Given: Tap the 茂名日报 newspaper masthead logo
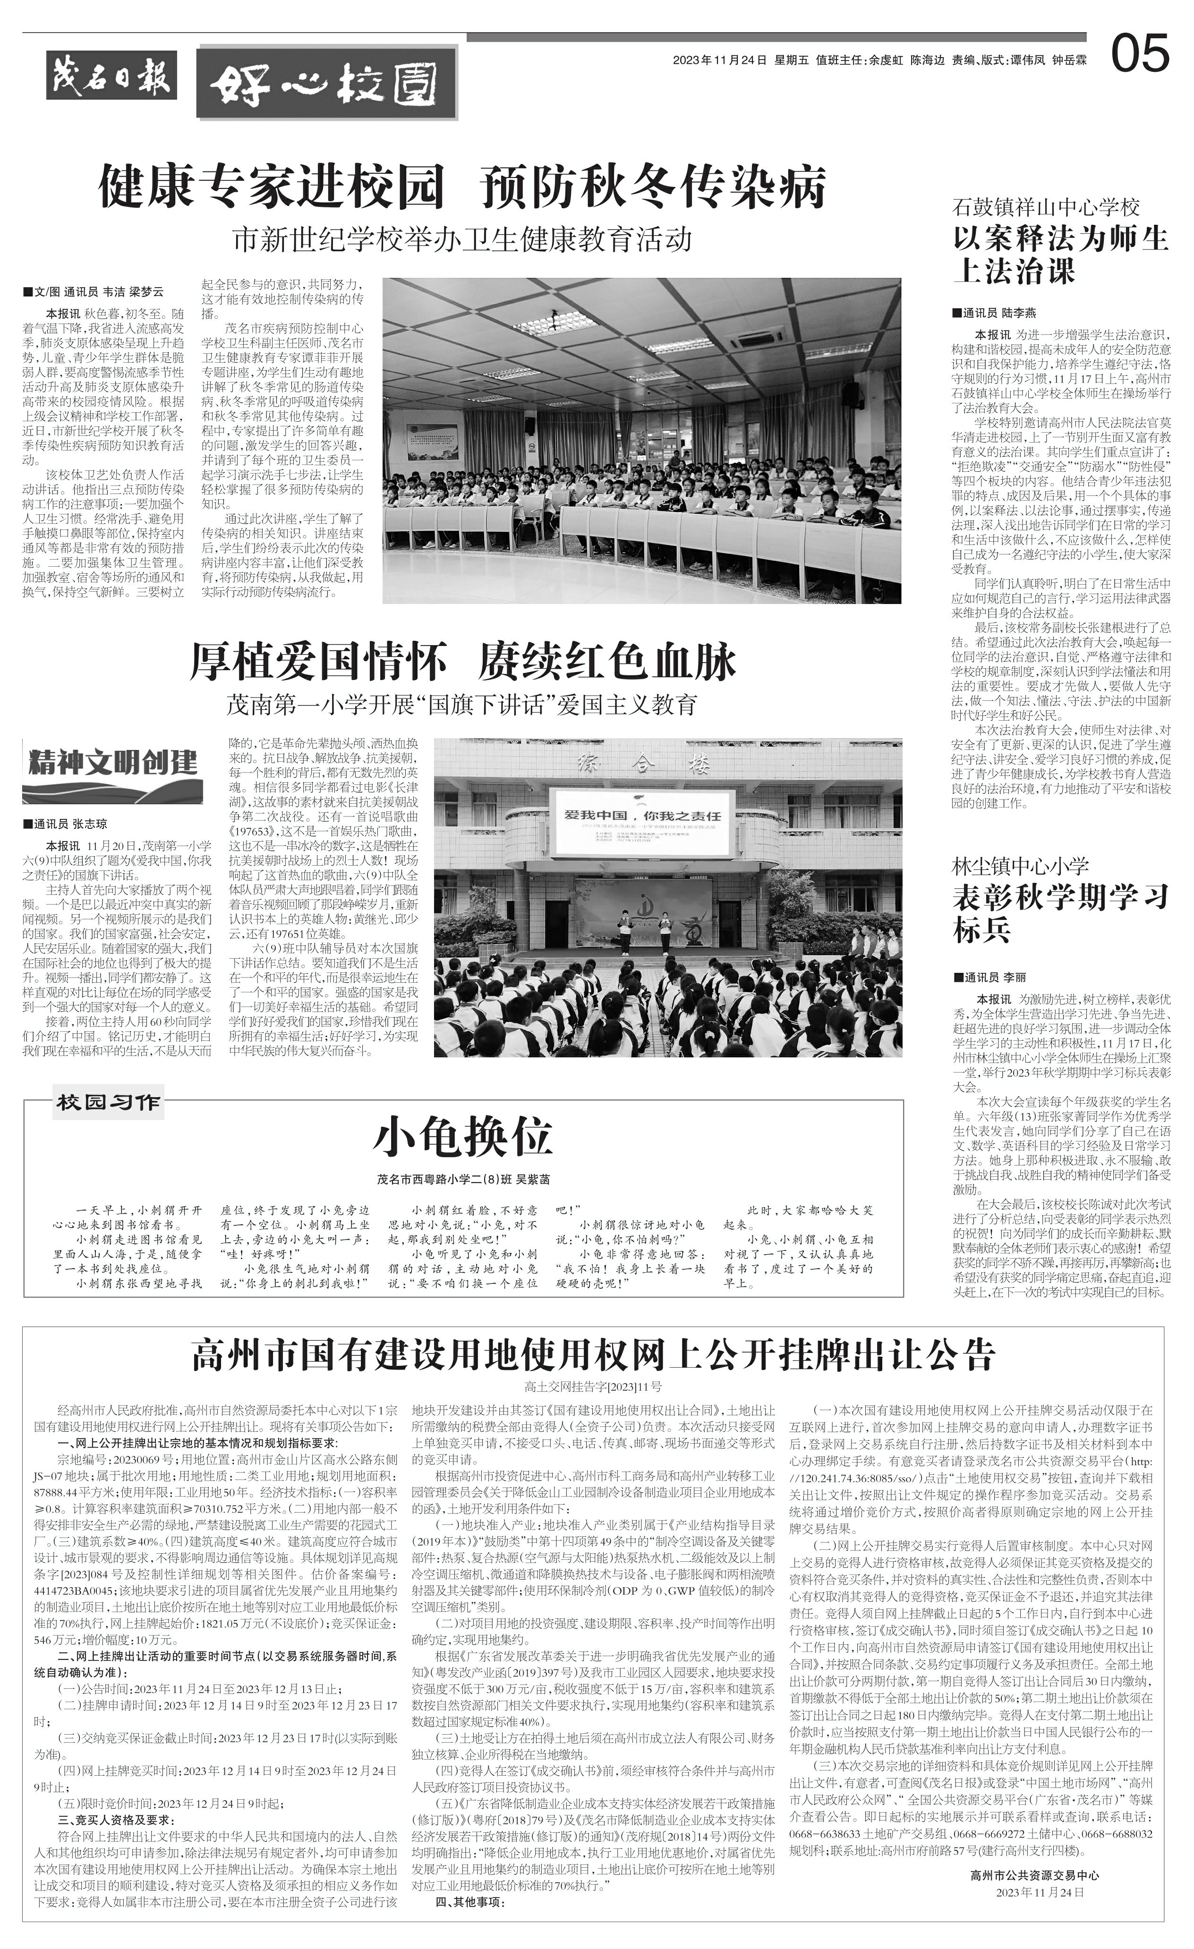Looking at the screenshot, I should coord(111,76).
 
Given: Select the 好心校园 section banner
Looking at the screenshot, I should coord(326,82).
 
